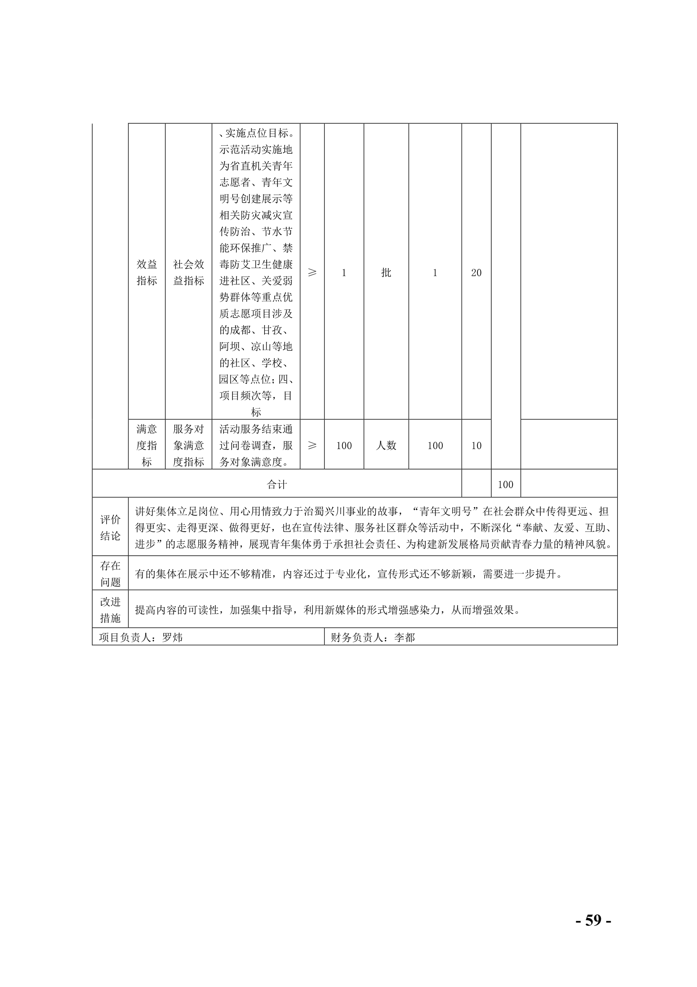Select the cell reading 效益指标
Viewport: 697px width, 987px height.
[x=146, y=272]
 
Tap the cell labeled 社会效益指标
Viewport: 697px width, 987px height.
[x=188, y=272]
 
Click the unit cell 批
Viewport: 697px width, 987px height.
[x=386, y=272]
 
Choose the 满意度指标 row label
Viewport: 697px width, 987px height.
[x=146, y=445]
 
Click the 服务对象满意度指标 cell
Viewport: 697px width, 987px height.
[x=188, y=445]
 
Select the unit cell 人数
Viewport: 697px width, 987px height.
[x=386, y=445]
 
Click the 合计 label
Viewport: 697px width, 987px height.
[x=277, y=485]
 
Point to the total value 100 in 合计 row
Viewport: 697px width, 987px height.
[x=505, y=485]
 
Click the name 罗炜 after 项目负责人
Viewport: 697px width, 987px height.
[x=172, y=637]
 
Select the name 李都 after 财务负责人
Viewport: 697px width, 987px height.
[x=404, y=637]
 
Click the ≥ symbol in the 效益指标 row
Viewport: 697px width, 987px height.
[x=312, y=272]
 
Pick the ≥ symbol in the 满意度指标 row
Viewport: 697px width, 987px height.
[x=312, y=445]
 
